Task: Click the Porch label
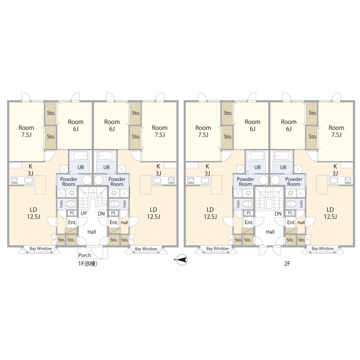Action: click(85, 255)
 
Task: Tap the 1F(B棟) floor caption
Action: click(88, 264)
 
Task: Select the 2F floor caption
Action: click(287, 264)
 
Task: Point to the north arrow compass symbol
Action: click(181, 260)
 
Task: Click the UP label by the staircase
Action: click(84, 213)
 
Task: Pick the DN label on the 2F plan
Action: click(278, 214)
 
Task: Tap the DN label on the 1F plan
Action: click(101, 214)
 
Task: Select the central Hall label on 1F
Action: click(92, 232)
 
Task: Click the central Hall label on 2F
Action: click(270, 232)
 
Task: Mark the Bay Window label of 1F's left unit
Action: click(40, 248)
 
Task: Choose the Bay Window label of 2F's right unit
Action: click(323, 248)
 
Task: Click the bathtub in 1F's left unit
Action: click(79, 156)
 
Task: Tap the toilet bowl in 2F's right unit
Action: click(291, 204)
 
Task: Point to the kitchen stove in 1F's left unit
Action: click(14, 180)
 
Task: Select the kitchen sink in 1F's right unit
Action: click(157, 180)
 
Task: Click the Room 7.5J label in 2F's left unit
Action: click(203, 131)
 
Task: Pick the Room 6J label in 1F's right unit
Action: click(112, 126)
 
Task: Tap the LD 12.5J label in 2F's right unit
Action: click(330, 213)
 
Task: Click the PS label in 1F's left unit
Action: click(72, 213)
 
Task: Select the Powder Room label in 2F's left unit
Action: click(245, 181)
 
